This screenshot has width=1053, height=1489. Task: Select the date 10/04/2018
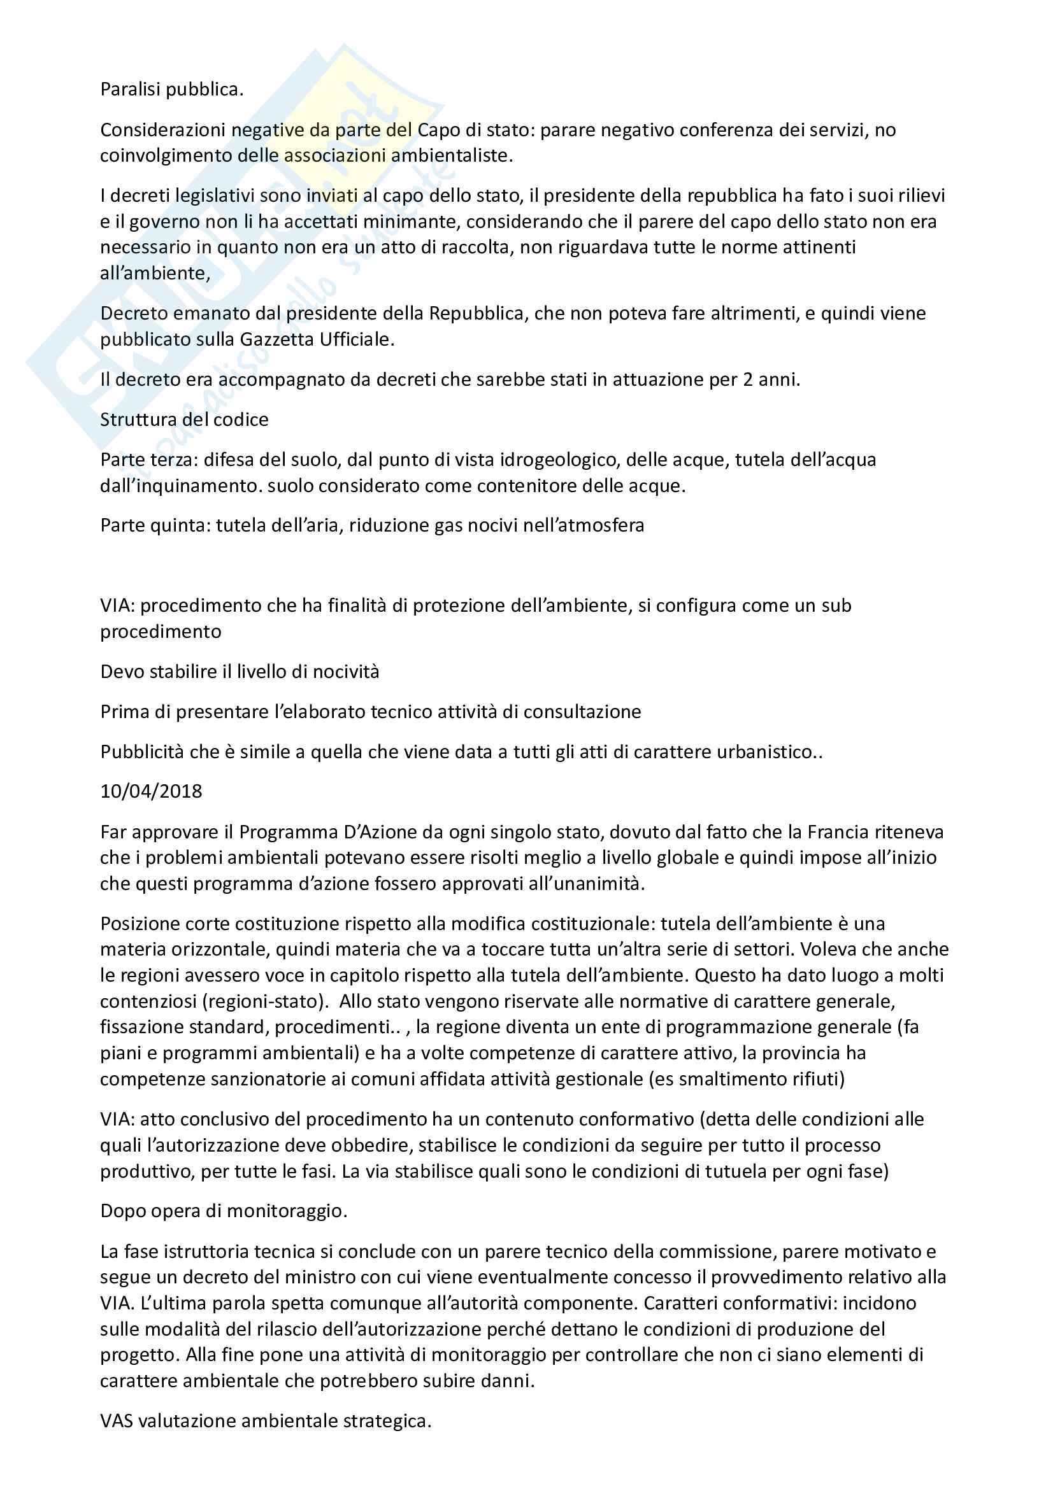151,791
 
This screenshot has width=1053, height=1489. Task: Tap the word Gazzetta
277,339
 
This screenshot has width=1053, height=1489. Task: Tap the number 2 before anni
747,379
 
